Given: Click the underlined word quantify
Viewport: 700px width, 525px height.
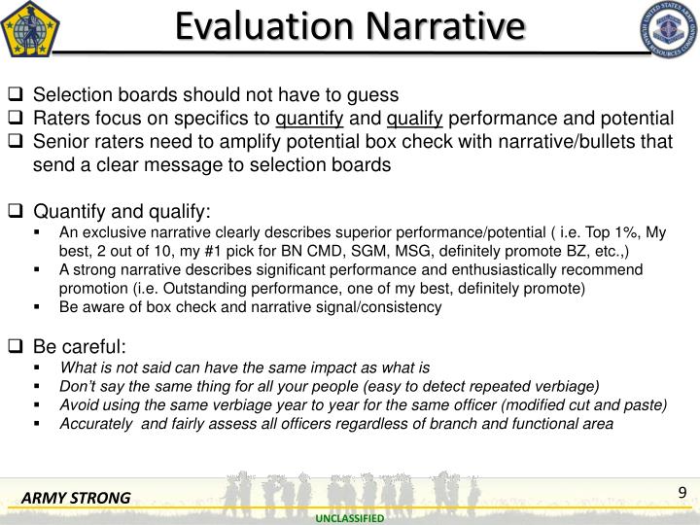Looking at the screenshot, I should click(310, 119).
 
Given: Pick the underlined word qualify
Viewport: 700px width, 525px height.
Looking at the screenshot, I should click(415, 119).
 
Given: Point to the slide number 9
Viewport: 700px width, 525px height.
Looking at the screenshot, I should click(682, 492).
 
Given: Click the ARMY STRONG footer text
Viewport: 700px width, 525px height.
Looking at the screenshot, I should click(77, 499).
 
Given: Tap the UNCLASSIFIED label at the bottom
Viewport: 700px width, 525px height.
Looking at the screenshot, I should click(350, 519).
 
